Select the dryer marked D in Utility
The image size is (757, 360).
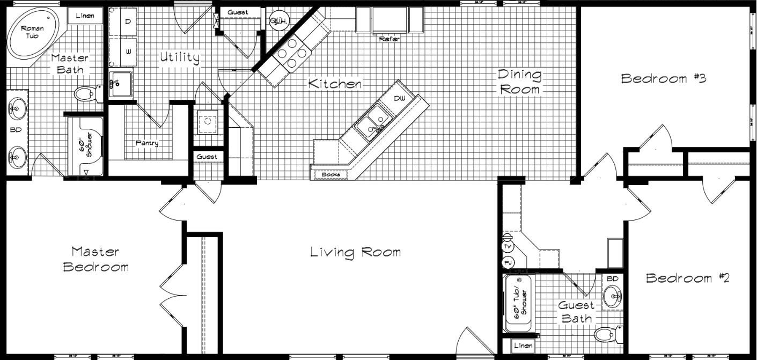pyautogui.click(x=128, y=22)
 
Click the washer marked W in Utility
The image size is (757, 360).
pyautogui.click(x=128, y=52)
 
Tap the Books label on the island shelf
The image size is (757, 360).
pyautogui.click(x=330, y=174)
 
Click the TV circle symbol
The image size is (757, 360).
pyautogui.click(x=508, y=246)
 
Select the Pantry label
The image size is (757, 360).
pyautogui.click(x=146, y=143)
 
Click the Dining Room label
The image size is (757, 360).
pyautogui.click(x=519, y=82)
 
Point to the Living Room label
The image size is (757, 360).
pyautogui.click(x=355, y=252)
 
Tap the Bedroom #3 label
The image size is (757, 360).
pyautogui.click(x=663, y=78)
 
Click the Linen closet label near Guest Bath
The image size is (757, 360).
pyautogui.click(x=523, y=346)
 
